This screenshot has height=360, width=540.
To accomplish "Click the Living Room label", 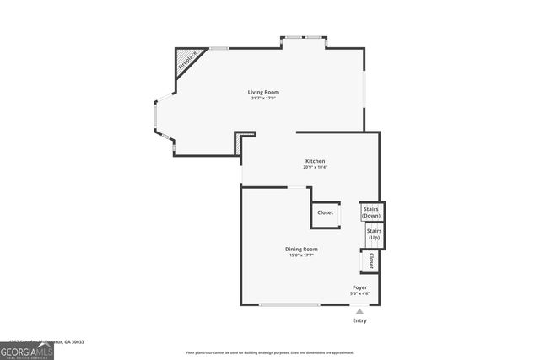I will (263, 92).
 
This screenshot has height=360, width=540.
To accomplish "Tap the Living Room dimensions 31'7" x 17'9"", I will (263, 99).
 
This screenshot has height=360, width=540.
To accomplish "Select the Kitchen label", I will (315, 161).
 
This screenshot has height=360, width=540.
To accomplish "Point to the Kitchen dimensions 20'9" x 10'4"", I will (315, 167).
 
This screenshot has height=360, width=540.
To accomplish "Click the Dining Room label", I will (301, 249).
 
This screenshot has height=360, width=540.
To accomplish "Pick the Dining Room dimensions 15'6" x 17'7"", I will (301, 255).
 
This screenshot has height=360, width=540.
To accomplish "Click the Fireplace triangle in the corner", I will (185, 60).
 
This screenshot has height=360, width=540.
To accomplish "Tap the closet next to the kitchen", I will (326, 213).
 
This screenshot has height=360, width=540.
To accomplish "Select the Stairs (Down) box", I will (371, 212).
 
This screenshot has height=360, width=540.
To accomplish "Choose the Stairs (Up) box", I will (374, 234).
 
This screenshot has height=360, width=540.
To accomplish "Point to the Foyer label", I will (359, 287).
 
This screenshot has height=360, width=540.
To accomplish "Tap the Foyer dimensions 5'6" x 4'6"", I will (359, 293).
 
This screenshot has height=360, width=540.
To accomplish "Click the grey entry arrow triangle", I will (359, 311).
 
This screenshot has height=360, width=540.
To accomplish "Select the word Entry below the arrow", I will (359, 321).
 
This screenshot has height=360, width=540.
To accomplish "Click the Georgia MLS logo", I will (27, 351).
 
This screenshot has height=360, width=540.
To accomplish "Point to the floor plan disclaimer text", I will (270, 352).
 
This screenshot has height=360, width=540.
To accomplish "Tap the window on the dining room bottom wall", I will (289, 304).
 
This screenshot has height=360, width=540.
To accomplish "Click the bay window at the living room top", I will (304, 38).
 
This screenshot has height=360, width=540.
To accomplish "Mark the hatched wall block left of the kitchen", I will (240, 146).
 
